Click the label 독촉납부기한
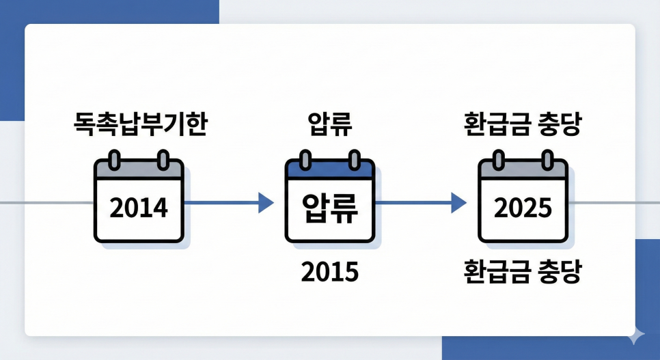139,126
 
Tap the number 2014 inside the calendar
139,208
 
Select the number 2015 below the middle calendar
330,273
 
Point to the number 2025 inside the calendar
523,208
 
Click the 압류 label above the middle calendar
330,126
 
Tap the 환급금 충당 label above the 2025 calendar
523,126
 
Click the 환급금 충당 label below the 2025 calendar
523,273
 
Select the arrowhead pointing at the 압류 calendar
266,202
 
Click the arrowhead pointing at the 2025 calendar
458,202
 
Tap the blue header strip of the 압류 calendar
330,171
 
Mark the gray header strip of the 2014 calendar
139,171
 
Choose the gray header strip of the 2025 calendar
523,171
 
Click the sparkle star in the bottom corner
636,335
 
